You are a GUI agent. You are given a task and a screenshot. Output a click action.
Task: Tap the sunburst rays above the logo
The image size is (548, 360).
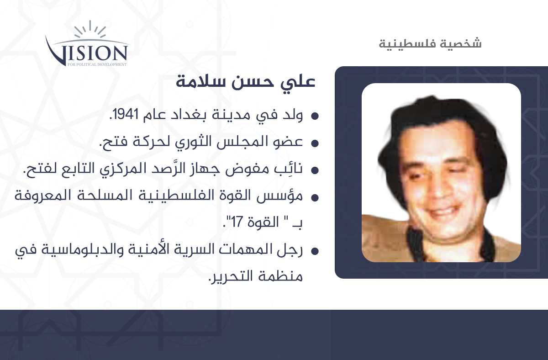pyautogui.click(x=90, y=29)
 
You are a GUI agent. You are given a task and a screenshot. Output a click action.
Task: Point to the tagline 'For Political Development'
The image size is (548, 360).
pyautogui.click(x=97, y=64)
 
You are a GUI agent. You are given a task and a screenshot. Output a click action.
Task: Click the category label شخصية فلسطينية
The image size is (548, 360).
pyautogui.click(x=430, y=43)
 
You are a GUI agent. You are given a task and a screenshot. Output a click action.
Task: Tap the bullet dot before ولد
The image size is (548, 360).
pyautogui.click(x=315, y=116)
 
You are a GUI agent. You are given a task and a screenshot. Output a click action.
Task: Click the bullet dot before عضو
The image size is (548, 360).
pyautogui.click(x=315, y=143)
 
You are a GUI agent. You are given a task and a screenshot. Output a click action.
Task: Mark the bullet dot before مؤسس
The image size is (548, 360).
pyautogui.click(x=315, y=197)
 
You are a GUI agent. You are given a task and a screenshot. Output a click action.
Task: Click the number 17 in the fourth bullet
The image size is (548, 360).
pyautogui.click(x=237, y=222)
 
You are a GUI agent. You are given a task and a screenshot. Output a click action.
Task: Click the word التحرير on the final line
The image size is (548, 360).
pyautogui.click(x=231, y=276)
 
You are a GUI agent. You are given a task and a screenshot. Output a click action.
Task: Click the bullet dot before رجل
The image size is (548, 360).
pyautogui.click(x=315, y=251)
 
